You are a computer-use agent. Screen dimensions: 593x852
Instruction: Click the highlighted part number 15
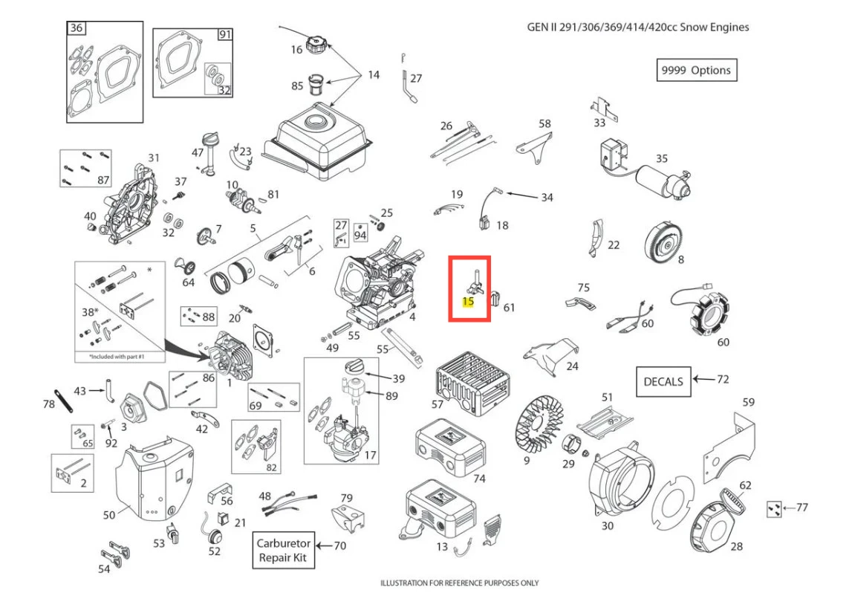(x=468, y=302)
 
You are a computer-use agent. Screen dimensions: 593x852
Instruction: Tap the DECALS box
(x=663, y=381)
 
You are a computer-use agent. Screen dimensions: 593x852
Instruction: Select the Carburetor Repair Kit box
(x=284, y=550)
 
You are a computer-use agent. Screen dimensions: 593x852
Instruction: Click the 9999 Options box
(x=696, y=70)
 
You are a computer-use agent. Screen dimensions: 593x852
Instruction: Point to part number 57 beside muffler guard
(x=438, y=404)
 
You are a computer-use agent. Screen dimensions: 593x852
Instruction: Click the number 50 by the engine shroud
(x=108, y=514)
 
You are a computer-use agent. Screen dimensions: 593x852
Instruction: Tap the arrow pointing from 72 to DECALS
(x=702, y=380)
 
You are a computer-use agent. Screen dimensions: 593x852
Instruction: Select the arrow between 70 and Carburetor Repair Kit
(x=324, y=546)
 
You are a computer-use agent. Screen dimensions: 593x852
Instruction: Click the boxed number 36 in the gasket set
(x=77, y=28)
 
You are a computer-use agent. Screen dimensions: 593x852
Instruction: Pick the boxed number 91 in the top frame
(x=224, y=34)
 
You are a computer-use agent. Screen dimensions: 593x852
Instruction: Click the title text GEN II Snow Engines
(x=637, y=27)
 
